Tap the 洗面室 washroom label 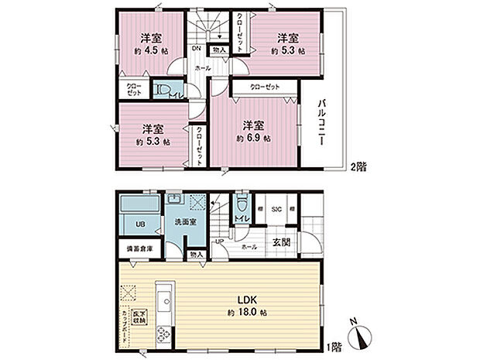(183, 225)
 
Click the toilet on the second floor (163, 91)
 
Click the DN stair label (196, 49)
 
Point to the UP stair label (220, 242)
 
